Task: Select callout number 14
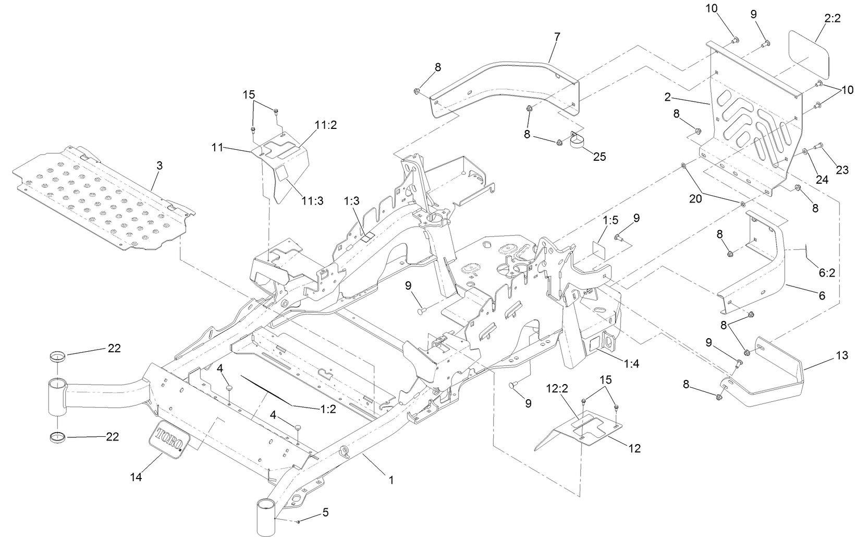tap(137, 476)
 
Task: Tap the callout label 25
tap(600, 156)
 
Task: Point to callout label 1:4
tap(631, 364)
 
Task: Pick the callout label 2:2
tap(833, 18)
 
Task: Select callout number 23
tap(842, 170)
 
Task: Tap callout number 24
tap(822, 180)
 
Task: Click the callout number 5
tap(325, 512)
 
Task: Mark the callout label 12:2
tap(557, 388)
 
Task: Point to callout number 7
tap(557, 36)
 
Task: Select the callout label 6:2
tap(827, 272)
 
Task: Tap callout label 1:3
tap(352, 200)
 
